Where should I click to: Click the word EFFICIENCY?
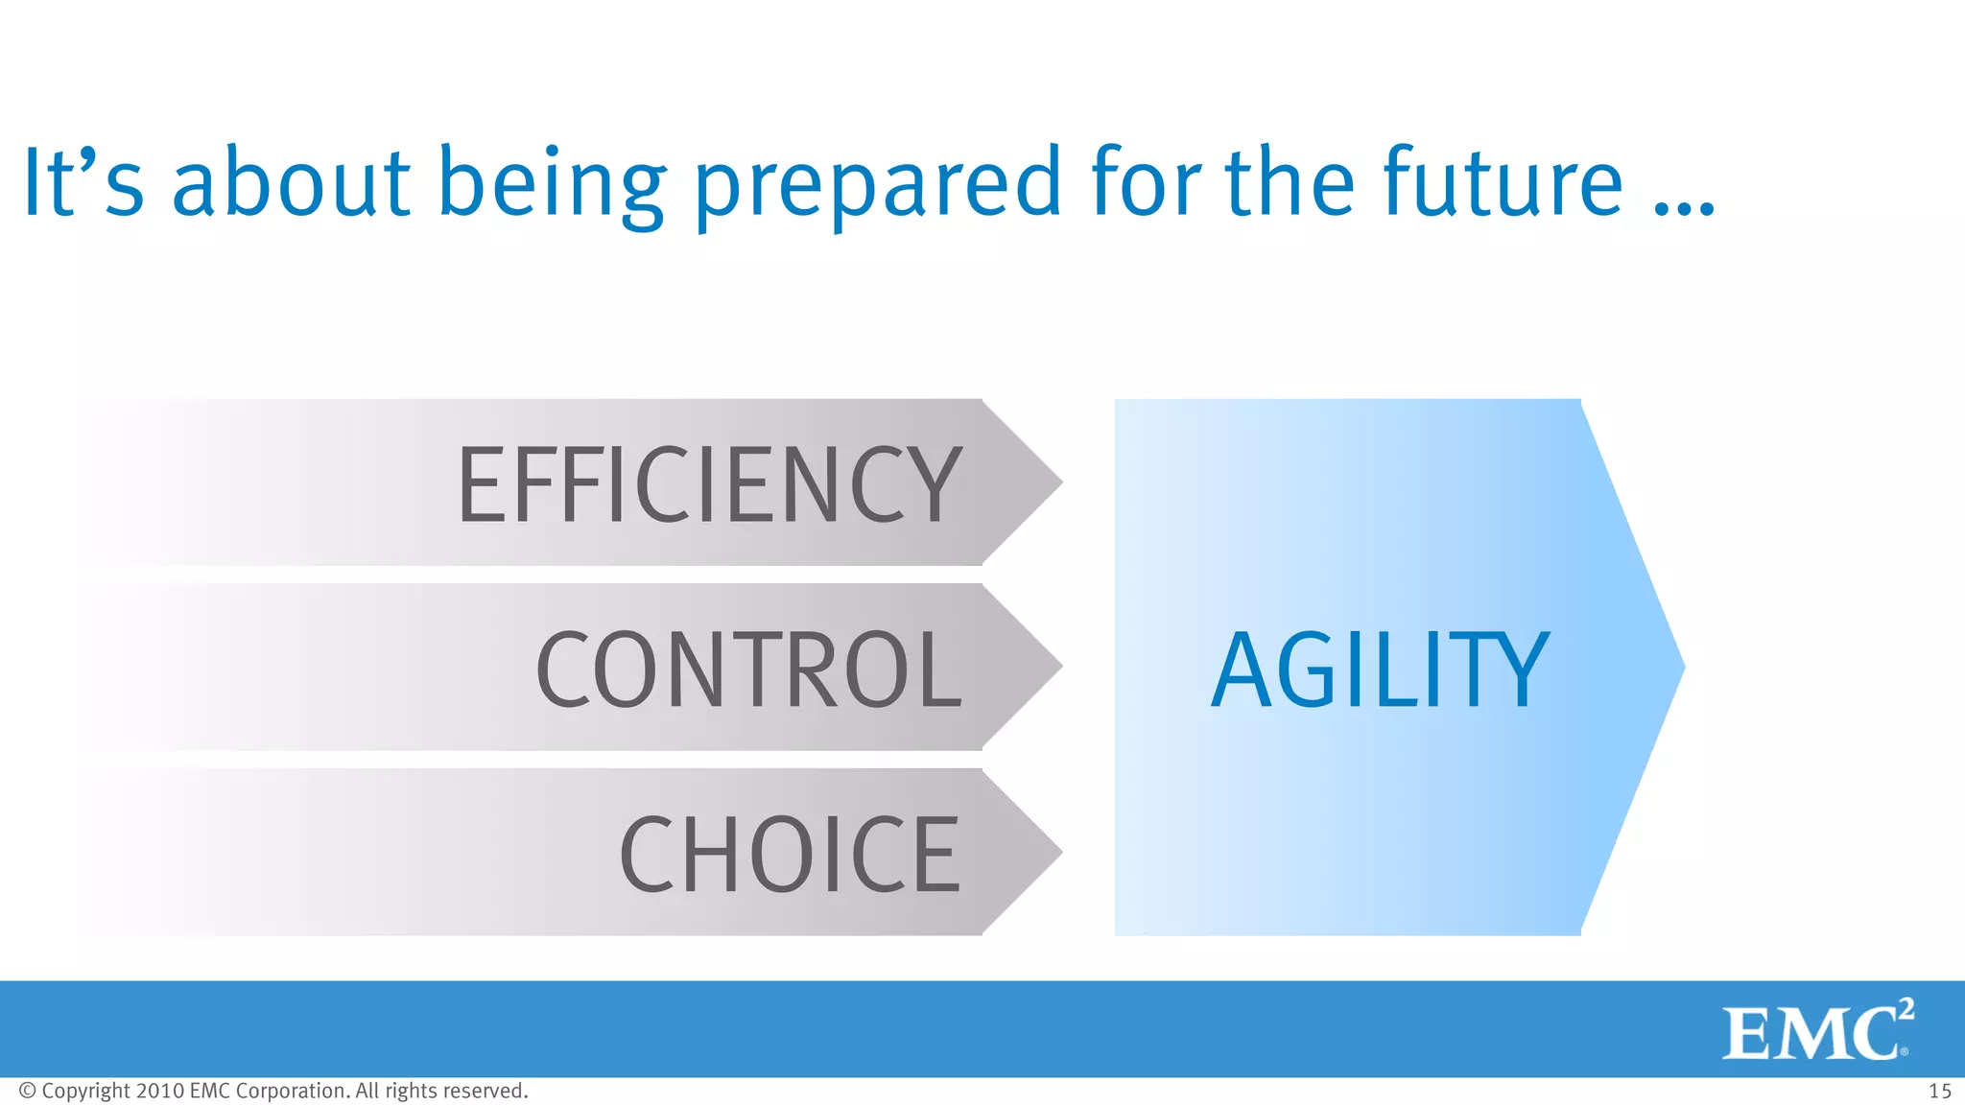click(710, 484)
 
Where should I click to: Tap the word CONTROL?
click(748, 670)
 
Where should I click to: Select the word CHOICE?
click(790, 854)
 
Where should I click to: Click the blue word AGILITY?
click(1380, 670)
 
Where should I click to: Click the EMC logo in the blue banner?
click(1813, 1033)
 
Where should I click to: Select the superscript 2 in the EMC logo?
click(1906, 1010)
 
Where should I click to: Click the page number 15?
click(1939, 1092)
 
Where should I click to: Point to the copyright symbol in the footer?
click(28, 1091)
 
